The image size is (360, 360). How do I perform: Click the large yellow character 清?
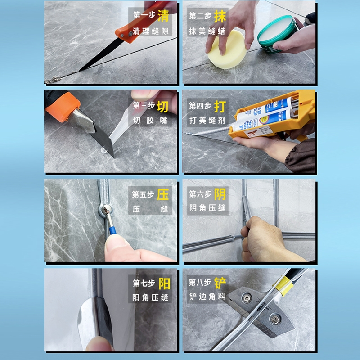(x=163, y=17)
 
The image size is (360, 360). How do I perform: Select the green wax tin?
(x=277, y=34)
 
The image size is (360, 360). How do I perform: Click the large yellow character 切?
(x=163, y=106)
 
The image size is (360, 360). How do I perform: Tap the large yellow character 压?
(x=163, y=194)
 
